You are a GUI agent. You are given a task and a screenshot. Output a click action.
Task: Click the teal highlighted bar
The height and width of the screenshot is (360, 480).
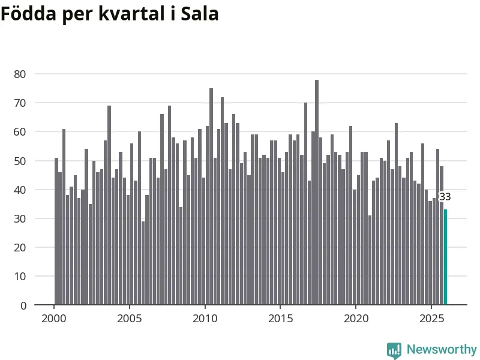(445, 257)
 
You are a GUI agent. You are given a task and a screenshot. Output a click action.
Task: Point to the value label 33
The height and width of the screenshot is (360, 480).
(445, 197)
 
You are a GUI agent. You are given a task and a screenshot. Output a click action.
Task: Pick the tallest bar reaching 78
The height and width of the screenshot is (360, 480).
(317, 192)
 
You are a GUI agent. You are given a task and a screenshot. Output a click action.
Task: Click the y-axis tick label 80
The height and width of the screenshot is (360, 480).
(21, 74)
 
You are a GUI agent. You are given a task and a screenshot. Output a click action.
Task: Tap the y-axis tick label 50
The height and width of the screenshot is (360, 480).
(21, 161)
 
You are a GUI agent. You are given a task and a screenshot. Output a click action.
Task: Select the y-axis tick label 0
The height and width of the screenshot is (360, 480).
(24, 305)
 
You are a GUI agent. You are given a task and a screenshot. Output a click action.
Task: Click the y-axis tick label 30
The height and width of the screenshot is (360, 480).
(21, 219)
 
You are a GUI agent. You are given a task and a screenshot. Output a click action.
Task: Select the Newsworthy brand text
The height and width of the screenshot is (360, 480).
(442, 349)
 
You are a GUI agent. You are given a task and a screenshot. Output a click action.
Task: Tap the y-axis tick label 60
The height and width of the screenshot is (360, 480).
(21, 132)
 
